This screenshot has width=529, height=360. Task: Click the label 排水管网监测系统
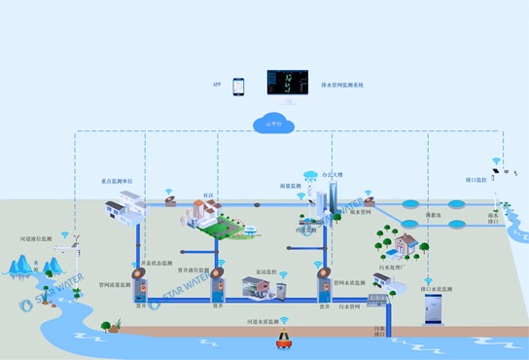pyautogui.click(x=341, y=86)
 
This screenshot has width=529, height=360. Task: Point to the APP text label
pyautogui.click(x=217, y=86)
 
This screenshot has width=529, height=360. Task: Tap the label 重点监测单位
pyautogui.click(x=118, y=181)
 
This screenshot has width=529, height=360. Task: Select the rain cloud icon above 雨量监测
pyautogui.click(x=311, y=176)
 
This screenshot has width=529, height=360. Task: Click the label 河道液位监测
pyautogui.click(x=38, y=237)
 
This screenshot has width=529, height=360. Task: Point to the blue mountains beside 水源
pyautogui.click(x=18, y=265)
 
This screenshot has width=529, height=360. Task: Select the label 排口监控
pyautogui.click(x=476, y=180)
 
